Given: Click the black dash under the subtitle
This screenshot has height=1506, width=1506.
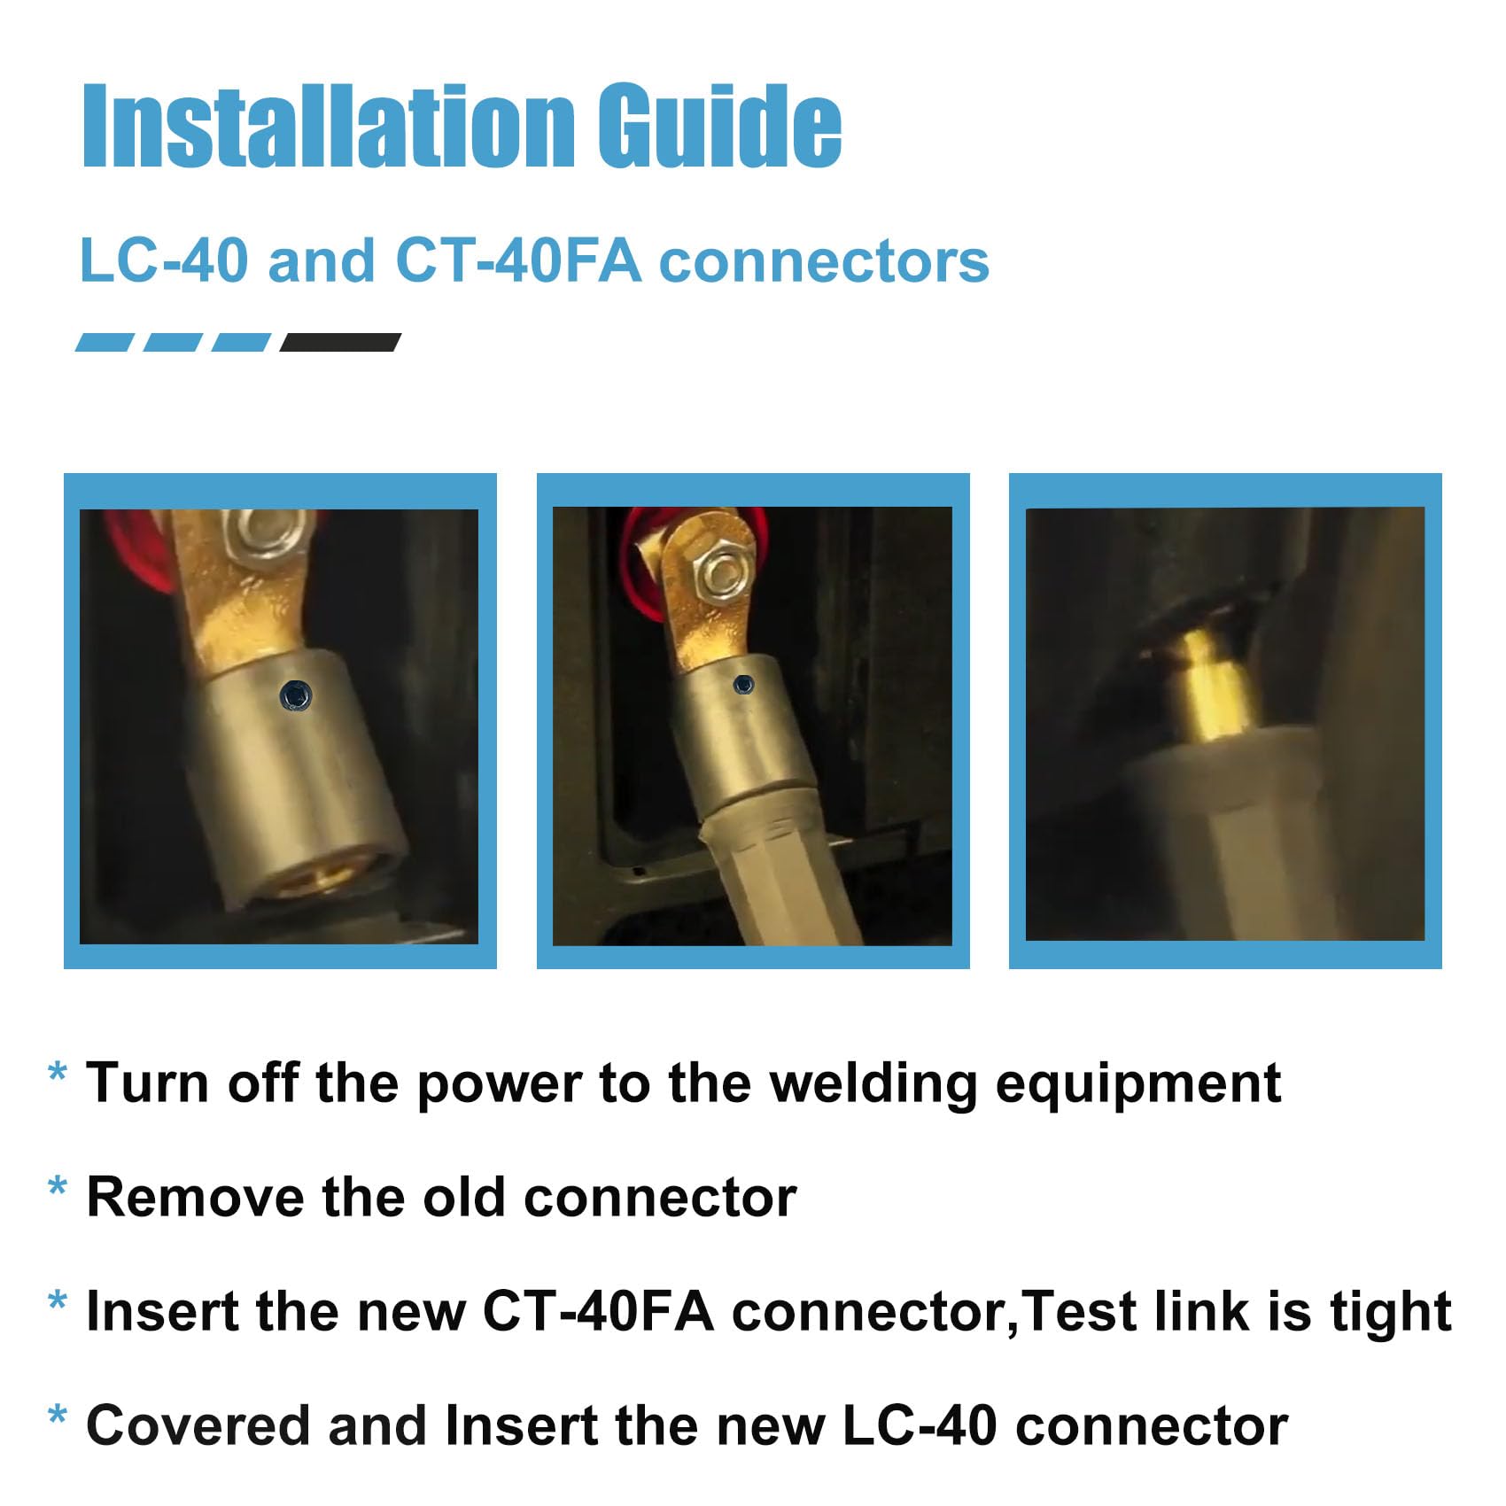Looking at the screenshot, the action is pos(340,343).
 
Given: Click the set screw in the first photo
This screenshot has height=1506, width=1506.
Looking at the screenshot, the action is pos(295,695).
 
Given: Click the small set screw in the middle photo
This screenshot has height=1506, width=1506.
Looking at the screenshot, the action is pos(745,684).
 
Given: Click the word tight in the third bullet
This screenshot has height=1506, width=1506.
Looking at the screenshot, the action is pos(1391,1313).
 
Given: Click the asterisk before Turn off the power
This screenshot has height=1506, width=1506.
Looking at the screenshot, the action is pos(58,1073).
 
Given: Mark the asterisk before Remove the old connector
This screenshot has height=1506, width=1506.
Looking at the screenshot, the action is pos(58,1187).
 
